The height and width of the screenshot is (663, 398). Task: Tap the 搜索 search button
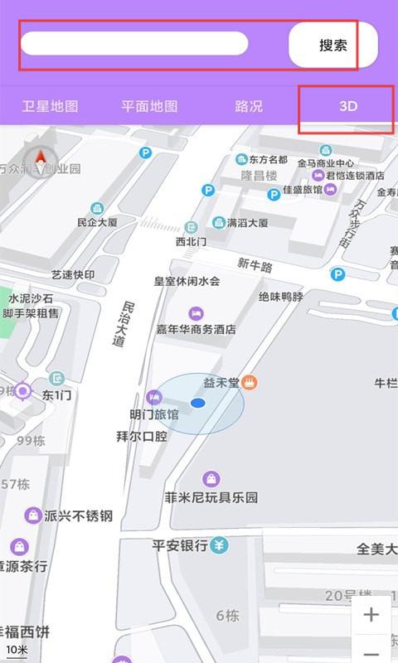(333, 45)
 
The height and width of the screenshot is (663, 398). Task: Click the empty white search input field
(134, 44)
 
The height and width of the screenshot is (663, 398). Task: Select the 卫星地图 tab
(50, 106)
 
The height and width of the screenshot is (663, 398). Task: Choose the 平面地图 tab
(149, 106)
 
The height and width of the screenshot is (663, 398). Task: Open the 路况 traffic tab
(249, 106)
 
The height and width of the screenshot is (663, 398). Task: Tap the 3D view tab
(347, 106)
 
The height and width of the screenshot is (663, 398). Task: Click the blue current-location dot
(197, 403)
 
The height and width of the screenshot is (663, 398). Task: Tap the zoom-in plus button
(371, 615)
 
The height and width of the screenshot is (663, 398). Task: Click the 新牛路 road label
(255, 265)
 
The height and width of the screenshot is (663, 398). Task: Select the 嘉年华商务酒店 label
(196, 329)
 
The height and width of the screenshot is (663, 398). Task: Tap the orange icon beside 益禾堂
(250, 382)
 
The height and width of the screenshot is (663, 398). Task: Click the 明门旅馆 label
(154, 414)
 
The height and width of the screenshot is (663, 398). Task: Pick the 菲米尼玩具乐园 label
(211, 497)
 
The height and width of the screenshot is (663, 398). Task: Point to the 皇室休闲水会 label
(187, 281)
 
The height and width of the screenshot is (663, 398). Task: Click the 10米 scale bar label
(17, 649)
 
